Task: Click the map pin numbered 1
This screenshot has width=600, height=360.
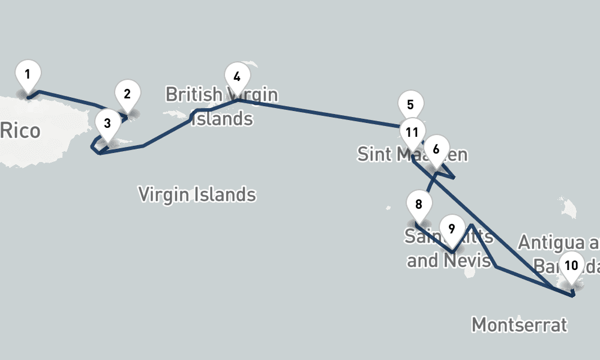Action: [28, 75]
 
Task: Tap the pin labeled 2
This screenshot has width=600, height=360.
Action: [127, 94]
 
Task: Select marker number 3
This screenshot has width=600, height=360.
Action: [107, 124]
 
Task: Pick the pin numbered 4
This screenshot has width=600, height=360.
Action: [237, 77]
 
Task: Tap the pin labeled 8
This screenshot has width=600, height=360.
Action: [419, 205]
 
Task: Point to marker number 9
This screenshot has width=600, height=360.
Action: [452, 229]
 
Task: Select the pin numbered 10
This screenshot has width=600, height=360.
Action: [571, 265]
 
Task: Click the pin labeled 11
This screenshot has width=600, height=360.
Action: [412, 133]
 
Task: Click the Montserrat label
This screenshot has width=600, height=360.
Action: [519, 325]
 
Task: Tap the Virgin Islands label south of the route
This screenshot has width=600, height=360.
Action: [197, 194]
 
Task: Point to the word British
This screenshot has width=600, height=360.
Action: [193, 94]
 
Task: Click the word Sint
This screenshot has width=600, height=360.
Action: [374, 154]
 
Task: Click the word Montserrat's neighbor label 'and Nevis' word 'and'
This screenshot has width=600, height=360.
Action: [421, 260]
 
